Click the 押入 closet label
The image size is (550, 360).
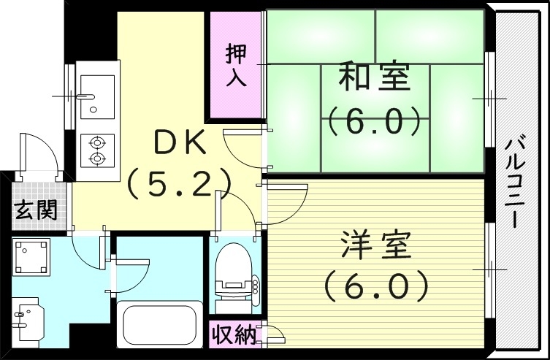tap(236, 66)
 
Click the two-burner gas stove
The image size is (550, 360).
tap(96, 150)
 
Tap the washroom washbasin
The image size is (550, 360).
tap(28, 320)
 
